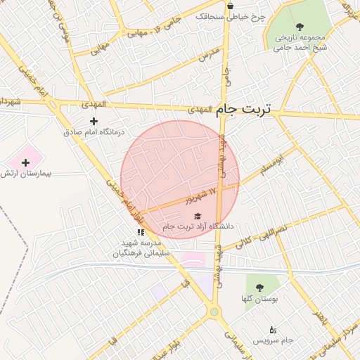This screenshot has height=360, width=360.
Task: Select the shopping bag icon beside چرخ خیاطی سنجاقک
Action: click(230, 6)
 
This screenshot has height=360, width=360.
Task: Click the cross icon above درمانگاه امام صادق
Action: click(94, 121)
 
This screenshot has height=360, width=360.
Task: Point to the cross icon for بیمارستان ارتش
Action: click(26, 162)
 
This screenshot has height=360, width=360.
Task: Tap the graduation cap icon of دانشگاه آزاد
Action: click(198, 216)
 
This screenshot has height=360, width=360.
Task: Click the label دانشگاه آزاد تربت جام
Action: click(198, 226)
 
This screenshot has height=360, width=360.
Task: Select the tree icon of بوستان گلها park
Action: click(260, 288)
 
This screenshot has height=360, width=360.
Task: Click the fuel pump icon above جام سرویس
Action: click(273, 329)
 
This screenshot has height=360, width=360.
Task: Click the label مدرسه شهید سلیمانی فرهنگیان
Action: click(141, 248)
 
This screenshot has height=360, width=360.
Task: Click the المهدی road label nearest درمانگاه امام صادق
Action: click(93, 104)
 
